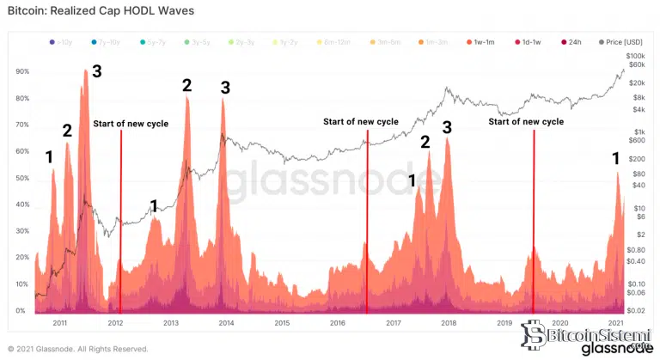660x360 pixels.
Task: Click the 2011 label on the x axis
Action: tap(60, 323)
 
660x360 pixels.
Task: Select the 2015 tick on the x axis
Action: tap(282, 323)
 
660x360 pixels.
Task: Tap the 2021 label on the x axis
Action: tap(615, 323)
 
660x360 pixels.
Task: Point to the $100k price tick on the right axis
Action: tap(637, 54)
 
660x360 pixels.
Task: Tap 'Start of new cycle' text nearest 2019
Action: tap(526, 122)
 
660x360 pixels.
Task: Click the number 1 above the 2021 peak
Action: tap(615, 158)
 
